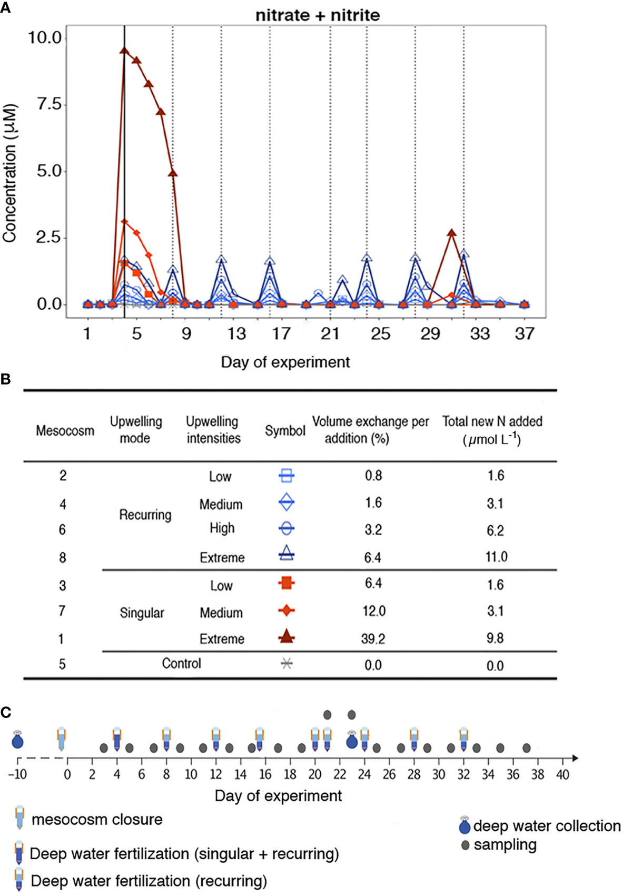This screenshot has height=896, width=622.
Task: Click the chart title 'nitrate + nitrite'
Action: tap(318, 15)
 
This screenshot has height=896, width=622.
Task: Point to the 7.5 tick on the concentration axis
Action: tap(50, 104)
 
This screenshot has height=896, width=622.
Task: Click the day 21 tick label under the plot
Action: tap(330, 333)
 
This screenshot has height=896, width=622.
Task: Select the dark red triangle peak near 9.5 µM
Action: tap(124, 51)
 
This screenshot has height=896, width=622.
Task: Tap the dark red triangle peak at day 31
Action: tap(451, 233)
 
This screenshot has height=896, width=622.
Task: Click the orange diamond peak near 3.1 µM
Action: tap(125, 222)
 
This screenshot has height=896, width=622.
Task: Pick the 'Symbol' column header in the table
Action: tap(285, 431)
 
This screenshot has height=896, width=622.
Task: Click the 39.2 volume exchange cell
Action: tap(373, 638)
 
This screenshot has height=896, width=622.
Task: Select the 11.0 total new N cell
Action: tap(496, 557)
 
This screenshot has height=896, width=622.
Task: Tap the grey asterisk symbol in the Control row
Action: tap(286, 664)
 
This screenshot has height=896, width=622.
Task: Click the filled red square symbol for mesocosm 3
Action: tap(286, 583)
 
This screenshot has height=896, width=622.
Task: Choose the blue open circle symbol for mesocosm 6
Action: tap(286, 528)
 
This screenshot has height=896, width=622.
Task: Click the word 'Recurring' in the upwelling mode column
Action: tap(145, 515)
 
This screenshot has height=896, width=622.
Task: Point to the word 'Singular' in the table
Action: tap(142, 613)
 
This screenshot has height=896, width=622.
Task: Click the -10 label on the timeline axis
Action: tap(17, 774)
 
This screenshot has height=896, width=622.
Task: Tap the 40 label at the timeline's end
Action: tap(562, 774)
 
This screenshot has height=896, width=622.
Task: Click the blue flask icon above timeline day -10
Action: tap(18, 741)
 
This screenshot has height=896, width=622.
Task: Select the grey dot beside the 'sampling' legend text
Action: tap(465, 845)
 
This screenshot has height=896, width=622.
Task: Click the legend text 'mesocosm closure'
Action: tap(97, 820)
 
